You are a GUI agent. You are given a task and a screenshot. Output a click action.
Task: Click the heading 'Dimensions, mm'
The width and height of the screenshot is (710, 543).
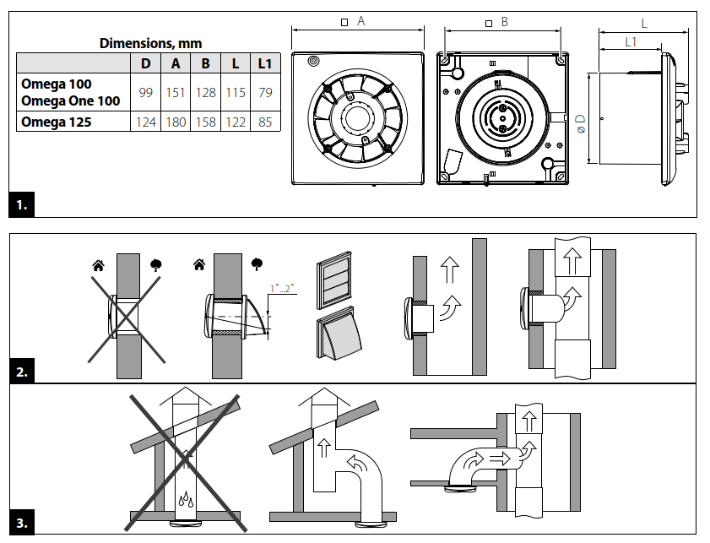[x=150, y=43]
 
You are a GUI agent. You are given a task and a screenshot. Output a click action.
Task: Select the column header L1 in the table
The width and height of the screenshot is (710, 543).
[x=265, y=63]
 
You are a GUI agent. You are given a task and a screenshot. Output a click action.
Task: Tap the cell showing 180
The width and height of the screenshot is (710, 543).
[x=176, y=122]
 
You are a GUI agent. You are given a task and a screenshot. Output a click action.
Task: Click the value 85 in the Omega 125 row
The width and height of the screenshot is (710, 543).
[x=265, y=122]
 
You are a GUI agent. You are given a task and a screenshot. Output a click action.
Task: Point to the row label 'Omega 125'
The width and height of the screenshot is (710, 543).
[x=56, y=122]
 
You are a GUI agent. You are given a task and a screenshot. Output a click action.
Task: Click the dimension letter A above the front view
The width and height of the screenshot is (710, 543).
[x=360, y=22]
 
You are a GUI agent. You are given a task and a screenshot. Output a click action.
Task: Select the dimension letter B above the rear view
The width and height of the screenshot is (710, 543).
[x=504, y=22]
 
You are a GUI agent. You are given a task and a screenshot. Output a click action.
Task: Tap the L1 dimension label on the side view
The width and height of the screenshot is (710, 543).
[x=631, y=41]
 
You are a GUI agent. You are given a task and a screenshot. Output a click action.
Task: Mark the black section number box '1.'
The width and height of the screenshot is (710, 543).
[x=22, y=204]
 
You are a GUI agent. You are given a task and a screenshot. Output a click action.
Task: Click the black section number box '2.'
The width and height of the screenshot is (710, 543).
[x=22, y=371]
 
